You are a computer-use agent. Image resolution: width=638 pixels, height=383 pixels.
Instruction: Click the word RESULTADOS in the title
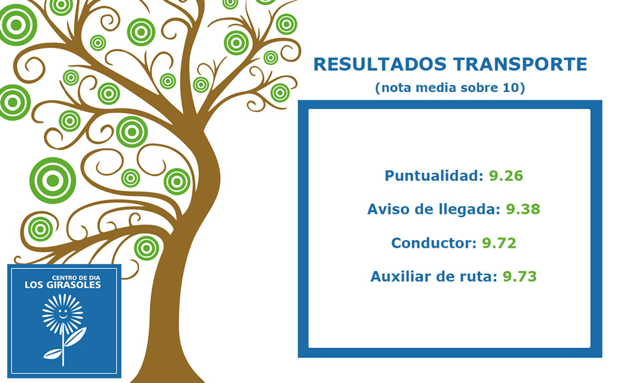(380, 64)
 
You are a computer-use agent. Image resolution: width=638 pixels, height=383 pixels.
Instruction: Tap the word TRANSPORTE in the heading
(520, 64)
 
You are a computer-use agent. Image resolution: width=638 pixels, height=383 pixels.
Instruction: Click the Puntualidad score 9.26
(506, 176)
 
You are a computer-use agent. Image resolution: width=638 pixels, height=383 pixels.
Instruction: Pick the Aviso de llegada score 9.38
(523, 209)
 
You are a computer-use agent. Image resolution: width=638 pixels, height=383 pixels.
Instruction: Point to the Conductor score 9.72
(499, 243)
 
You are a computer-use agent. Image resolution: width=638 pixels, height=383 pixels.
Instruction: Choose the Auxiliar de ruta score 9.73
(519, 276)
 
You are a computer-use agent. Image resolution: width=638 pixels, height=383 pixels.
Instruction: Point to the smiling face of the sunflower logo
(63, 313)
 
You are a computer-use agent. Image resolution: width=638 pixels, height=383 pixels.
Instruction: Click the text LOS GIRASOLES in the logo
(63, 285)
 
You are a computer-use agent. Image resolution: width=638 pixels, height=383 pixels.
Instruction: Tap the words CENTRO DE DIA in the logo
(76, 278)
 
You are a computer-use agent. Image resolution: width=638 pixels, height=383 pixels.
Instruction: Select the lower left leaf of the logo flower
(53, 354)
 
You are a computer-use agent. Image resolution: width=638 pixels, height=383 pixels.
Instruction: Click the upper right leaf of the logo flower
(75, 337)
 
